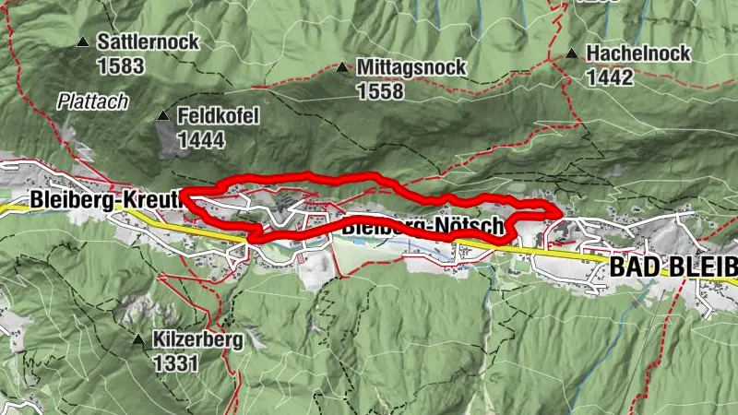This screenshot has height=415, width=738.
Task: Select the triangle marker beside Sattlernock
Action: coord(84,42)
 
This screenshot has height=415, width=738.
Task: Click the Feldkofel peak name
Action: coord(220,116)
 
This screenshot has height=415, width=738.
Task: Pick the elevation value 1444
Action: coord(201,139)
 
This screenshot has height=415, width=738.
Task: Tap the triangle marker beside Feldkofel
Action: coord(163,116)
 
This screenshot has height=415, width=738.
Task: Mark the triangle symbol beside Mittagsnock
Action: coord(342,67)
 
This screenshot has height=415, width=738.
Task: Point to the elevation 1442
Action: coord(610,77)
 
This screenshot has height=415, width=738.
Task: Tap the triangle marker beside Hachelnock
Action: coord(573,53)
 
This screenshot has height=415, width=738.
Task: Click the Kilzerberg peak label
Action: coord(199,340)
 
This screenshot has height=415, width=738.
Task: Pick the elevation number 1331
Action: coord(176,363)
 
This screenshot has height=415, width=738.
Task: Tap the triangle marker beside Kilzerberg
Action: coord(138,340)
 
